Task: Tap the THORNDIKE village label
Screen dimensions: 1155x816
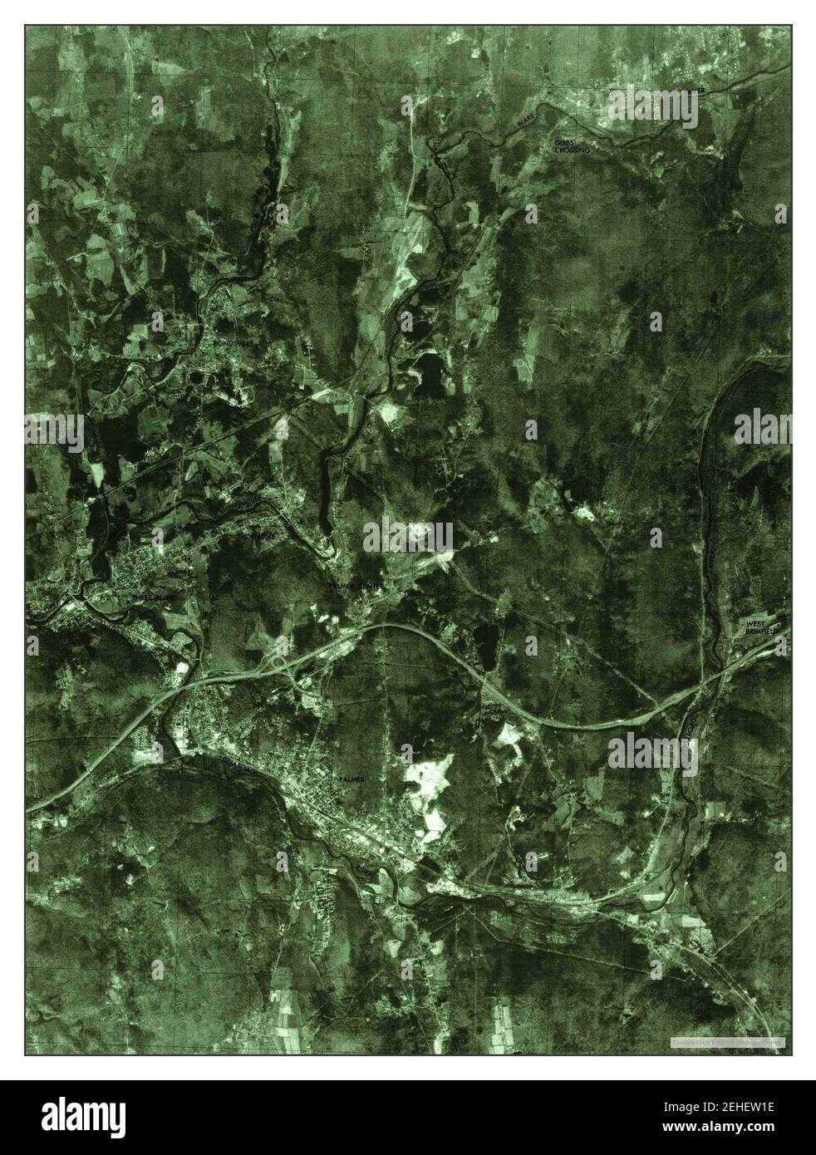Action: tap(255, 538)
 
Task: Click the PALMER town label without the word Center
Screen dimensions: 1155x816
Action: tap(351, 779)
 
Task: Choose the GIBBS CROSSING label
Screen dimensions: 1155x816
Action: tap(572, 147)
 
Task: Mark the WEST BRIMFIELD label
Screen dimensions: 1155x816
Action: tap(764, 627)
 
